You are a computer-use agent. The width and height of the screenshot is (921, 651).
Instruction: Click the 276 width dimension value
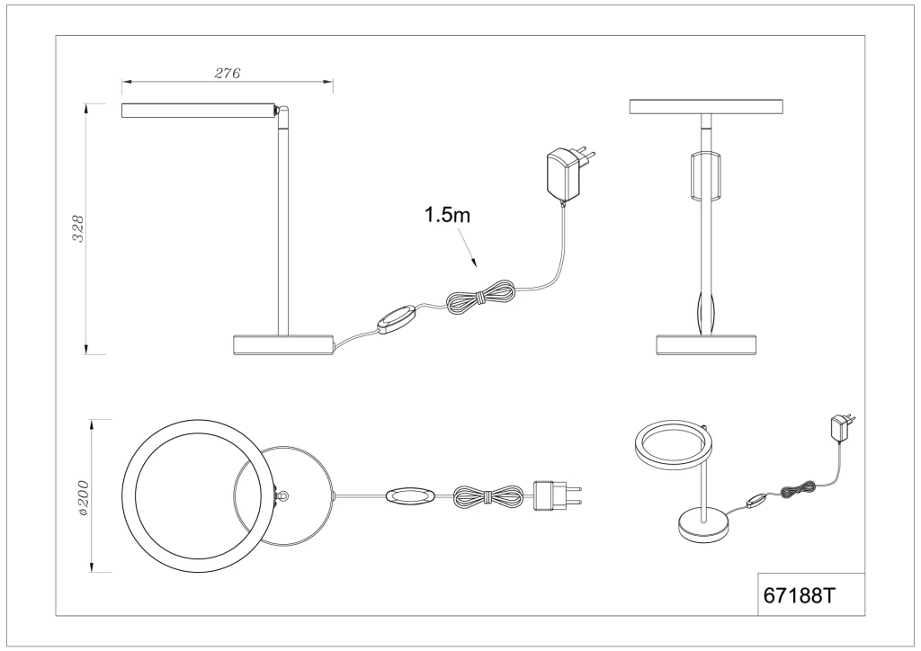(228, 74)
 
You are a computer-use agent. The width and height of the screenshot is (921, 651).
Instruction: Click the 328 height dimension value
(78, 228)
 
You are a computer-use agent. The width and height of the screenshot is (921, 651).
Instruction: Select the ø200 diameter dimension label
(82, 498)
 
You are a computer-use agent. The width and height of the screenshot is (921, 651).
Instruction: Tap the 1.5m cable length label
(448, 215)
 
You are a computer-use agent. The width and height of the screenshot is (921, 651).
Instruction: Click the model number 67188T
(799, 596)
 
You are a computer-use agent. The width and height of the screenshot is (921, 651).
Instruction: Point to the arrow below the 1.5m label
(468, 249)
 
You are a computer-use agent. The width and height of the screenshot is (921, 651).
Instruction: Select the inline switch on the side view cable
(397, 319)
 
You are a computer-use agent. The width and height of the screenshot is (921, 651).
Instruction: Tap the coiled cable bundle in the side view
(481, 297)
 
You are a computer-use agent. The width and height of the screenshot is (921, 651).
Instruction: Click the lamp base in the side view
(283, 345)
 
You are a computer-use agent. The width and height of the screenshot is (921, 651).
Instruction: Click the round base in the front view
(705, 345)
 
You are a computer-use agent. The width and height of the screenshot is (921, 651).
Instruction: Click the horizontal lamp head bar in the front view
(706, 106)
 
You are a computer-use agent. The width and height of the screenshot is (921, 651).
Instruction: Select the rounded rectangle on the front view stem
(705, 175)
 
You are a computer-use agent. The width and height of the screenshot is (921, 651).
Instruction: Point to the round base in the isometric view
(703, 526)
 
